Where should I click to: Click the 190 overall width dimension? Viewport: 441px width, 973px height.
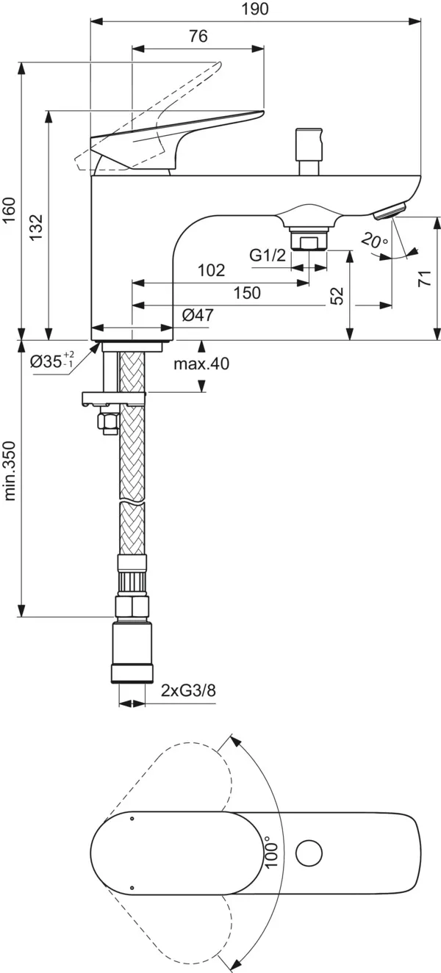(255, 9)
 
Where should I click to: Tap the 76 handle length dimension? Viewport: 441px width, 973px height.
(198, 36)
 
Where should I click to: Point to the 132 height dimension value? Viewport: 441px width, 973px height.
(36, 227)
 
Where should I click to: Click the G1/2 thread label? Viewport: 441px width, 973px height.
(268, 255)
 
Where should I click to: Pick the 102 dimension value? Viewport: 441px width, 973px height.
(212, 270)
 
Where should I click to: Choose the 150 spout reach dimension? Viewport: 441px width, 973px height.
(247, 293)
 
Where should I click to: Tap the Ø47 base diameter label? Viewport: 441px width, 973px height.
(198, 314)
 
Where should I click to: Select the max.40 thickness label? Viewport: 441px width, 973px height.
(201, 363)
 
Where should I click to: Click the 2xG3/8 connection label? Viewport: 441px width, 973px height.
(188, 690)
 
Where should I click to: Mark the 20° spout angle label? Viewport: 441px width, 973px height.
(374, 240)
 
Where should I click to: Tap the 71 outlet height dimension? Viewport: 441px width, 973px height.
(425, 278)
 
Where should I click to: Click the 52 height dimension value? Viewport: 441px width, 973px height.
(337, 295)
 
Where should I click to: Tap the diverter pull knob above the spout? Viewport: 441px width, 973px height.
(309, 151)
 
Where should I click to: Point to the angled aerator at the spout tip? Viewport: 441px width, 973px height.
(390, 211)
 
